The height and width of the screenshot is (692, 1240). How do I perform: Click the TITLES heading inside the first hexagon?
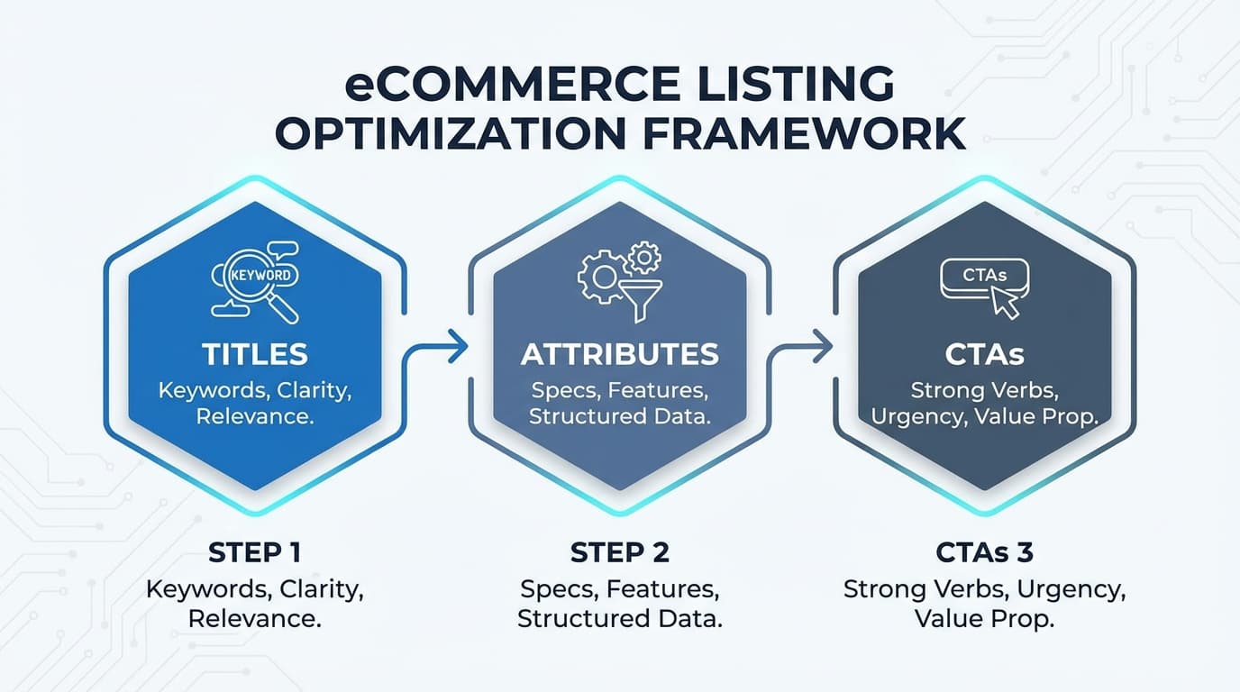(255, 354)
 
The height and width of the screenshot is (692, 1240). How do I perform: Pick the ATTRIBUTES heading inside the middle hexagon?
(620, 354)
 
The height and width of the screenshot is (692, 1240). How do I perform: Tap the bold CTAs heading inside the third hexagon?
(984, 354)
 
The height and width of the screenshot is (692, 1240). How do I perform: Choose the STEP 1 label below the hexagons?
(255, 552)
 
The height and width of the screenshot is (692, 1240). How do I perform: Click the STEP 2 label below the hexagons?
(620, 552)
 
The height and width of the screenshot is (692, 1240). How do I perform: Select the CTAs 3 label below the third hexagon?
(984, 552)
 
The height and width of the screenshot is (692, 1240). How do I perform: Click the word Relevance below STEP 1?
(255, 619)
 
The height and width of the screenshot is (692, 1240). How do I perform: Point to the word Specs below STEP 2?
(558, 590)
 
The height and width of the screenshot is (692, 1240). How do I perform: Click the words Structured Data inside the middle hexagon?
(620, 416)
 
